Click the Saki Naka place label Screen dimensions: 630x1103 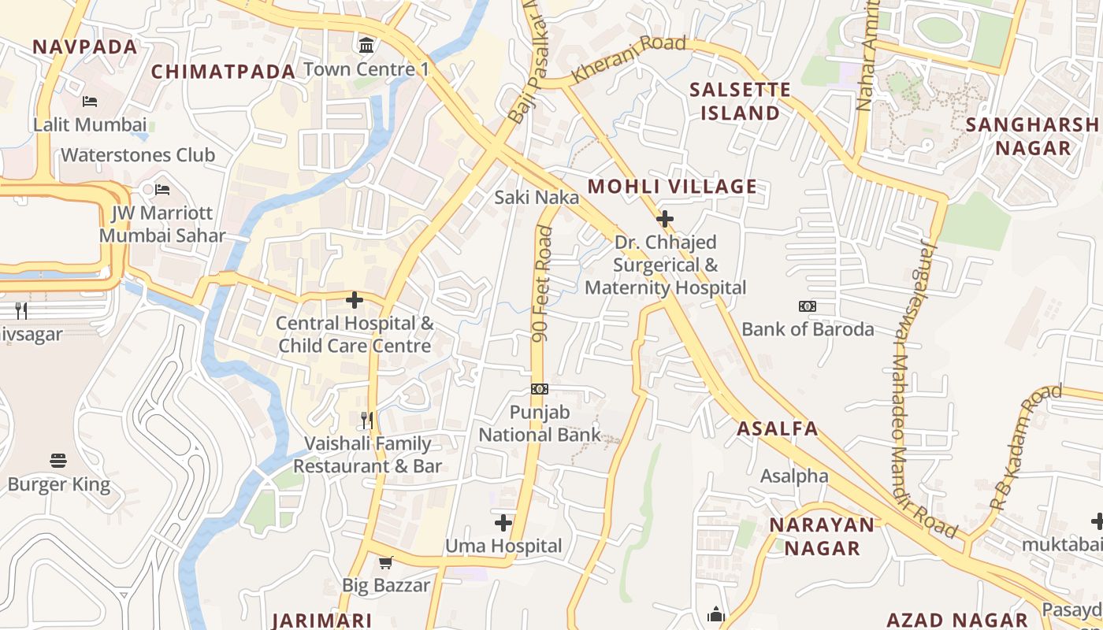[x=537, y=197]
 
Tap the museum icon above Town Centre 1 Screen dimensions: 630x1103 [x=366, y=45]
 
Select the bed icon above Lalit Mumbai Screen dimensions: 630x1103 [x=90, y=102]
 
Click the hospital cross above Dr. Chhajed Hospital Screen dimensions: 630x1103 [x=665, y=218]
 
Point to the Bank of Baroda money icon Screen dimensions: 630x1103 [x=808, y=306]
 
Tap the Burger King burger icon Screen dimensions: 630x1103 [x=58, y=460]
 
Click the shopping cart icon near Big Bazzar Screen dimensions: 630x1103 [x=385, y=562]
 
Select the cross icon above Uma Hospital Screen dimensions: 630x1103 [x=503, y=522]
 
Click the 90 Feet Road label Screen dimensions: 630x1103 [x=541, y=283]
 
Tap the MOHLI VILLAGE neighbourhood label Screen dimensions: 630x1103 [x=672, y=187]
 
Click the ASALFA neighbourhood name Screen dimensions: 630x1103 [x=777, y=429]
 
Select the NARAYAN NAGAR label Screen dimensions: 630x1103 [x=822, y=536]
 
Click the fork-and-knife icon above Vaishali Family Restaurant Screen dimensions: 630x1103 [x=366, y=420]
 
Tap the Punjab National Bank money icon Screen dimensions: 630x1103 [x=539, y=389]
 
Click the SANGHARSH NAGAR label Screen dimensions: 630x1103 [x=1032, y=136]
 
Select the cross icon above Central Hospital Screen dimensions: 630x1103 [x=355, y=300]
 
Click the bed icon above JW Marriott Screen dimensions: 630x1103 [x=162, y=190]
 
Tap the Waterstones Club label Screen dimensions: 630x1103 [x=138, y=155]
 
